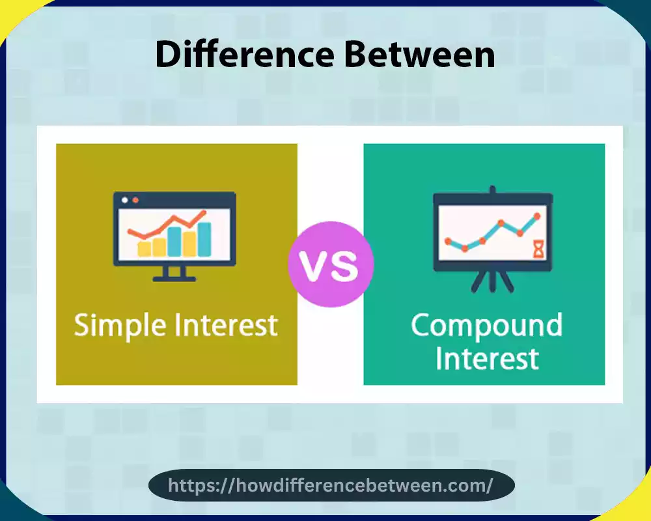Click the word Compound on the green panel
coord(486,325)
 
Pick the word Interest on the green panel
coord(487,358)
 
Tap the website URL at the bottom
coord(331,485)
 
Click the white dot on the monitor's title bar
coord(125,200)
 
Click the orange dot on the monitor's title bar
coord(135,200)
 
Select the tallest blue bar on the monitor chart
coord(204,239)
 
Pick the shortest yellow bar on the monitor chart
coord(143,247)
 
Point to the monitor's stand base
coord(174,278)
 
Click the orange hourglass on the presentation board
coord(538,248)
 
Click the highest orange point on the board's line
coord(537,216)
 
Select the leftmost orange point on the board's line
coord(448,241)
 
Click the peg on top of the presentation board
coord(493,190)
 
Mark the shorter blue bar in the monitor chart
coord(174,241)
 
